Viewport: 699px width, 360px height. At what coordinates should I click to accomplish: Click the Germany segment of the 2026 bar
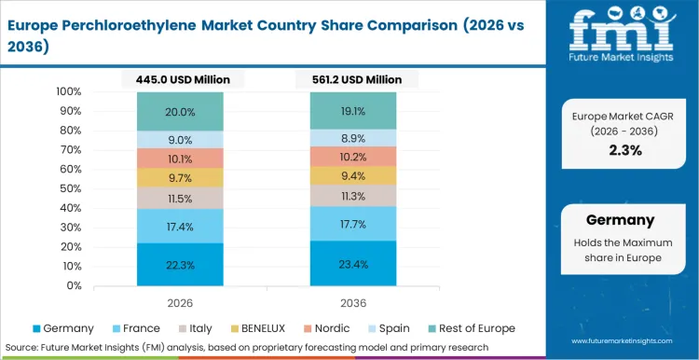coord(180,265)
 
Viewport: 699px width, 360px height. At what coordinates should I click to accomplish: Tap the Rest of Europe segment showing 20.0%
coord(180,111)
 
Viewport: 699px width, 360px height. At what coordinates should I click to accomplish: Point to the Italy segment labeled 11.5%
coord(180,198)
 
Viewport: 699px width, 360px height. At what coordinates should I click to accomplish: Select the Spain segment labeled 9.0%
coord(180,140)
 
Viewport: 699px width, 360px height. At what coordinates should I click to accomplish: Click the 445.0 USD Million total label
coord(180,79)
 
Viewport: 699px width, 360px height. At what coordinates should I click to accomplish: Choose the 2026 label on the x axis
coord(180,302)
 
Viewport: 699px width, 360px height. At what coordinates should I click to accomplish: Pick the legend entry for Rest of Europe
coord(471,328)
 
